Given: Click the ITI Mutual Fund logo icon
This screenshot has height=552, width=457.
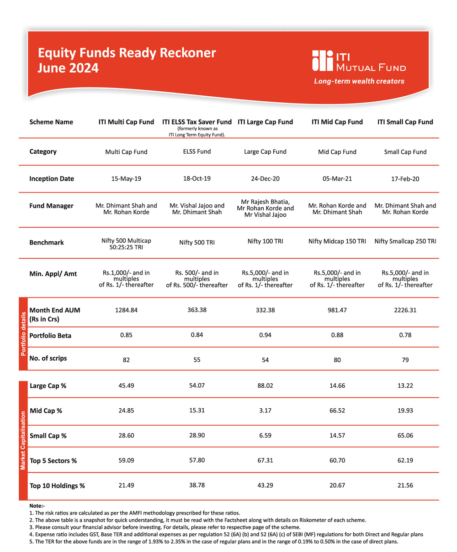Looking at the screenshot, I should coord(323,61).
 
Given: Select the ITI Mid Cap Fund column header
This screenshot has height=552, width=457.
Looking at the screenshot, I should coord(337,122).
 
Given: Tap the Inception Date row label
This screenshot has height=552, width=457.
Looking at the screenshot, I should coord(52,178).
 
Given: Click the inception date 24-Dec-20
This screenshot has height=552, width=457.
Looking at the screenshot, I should coord(265,179).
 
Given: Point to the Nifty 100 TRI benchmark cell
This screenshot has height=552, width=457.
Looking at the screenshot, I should coord(265,241).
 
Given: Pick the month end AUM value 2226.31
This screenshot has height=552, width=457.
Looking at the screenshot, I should coord(405,310).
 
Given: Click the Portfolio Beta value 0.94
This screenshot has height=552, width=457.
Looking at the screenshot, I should coord(265,335).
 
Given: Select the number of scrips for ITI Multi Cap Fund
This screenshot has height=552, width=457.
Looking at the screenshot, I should coord(126,360).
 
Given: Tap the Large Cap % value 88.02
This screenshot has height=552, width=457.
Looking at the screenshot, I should coord(265,385).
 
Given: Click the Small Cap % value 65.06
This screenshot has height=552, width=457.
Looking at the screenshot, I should coord(405,435).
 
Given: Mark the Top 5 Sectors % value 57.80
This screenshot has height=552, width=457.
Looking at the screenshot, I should coord(197,461).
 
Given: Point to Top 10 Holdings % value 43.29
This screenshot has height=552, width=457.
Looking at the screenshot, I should coord(265,485).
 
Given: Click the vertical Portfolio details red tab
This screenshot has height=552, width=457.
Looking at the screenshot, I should coord(23,333).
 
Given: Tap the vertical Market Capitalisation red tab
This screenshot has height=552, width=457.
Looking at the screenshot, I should coord(23,441).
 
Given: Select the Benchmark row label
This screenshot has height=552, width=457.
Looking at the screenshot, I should coord(47,242).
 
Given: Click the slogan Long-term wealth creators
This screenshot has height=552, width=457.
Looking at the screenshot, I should coord(359,82).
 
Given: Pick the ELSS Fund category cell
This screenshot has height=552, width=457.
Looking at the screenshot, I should coord(197,151).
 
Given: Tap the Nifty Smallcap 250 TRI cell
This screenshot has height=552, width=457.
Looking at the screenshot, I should coord(405,241).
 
